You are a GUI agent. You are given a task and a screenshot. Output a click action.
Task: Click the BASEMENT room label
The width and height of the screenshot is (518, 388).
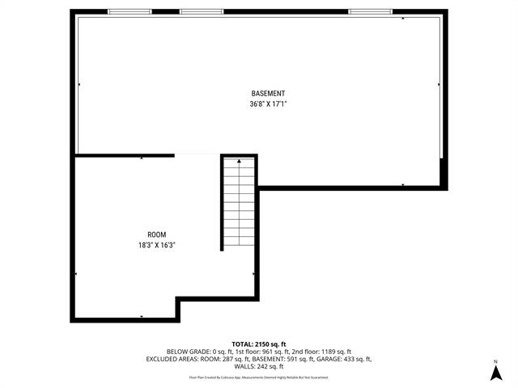tap(267, 94)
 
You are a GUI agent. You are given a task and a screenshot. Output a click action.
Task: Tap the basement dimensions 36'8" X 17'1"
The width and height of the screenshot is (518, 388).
tap(267, 104)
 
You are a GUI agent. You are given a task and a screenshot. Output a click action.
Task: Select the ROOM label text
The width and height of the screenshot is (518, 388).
tap(157, 234)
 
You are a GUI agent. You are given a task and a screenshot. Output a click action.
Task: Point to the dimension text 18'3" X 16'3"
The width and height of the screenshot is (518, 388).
tap(157, 245)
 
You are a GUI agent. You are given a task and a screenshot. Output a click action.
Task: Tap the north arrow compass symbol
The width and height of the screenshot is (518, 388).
tap(495, 373)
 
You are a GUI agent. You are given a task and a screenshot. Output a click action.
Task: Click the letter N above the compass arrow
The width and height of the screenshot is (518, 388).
tap(495, 361)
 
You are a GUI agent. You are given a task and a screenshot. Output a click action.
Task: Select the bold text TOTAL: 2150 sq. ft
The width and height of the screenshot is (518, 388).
tap(258, 343)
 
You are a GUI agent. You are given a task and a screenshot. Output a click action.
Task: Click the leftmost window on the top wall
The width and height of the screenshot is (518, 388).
tap(129, 11)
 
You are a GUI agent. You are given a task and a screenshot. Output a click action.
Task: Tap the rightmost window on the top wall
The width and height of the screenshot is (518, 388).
tap(371, 11)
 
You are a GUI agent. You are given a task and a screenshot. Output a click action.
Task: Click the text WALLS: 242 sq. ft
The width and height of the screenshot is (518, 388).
tap(258, 367)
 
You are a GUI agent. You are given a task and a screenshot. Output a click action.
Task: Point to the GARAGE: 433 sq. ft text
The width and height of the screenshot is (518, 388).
tap(346, 359)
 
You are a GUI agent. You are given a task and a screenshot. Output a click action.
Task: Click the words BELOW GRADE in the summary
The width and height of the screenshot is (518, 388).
tap(188, 351)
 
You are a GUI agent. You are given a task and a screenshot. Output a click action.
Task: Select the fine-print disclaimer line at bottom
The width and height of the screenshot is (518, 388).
tap(258, 377)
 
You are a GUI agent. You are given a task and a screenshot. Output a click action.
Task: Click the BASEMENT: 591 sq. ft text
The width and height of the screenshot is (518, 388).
tap(288, 359)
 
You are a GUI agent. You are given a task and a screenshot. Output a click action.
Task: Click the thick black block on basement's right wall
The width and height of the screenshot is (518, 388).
tap(443, 172)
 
